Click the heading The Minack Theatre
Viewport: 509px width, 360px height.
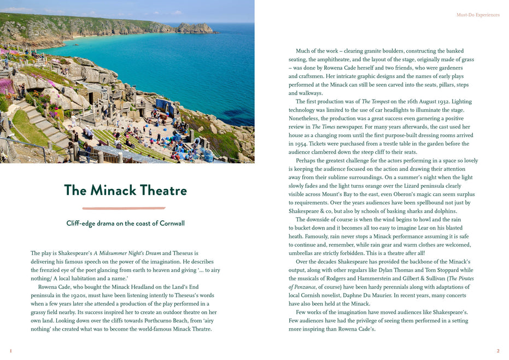tap(125, 191)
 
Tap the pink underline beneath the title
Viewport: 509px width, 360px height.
tap(124, 208)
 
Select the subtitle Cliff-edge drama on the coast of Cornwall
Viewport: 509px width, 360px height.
tap(125, 223)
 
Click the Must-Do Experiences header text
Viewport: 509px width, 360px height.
tap(478, 15)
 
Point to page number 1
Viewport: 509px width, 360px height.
tap(10, 351)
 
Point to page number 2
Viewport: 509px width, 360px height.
tap(498, 351)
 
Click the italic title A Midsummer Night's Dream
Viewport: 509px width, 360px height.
tap(127, 253)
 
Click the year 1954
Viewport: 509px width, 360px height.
tap(296, 144)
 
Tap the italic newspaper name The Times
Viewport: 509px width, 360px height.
tap(323, 127)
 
